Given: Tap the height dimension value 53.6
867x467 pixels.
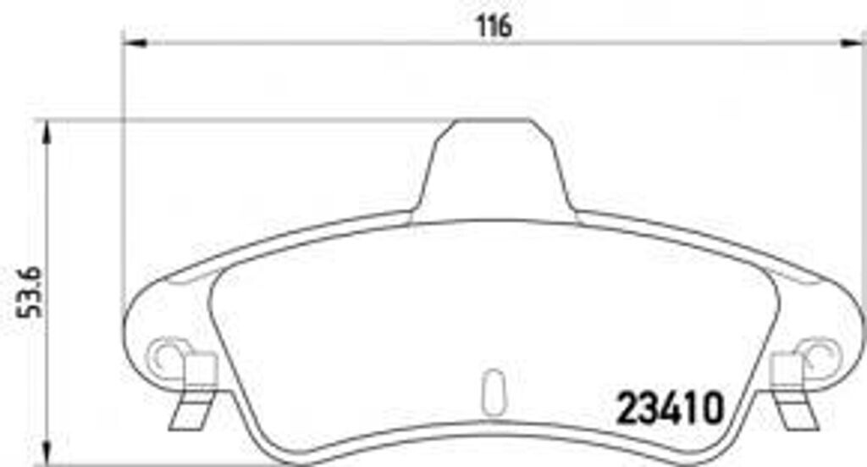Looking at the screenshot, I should point(32,290).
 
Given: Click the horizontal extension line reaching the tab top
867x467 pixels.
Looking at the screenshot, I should point(254,120).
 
